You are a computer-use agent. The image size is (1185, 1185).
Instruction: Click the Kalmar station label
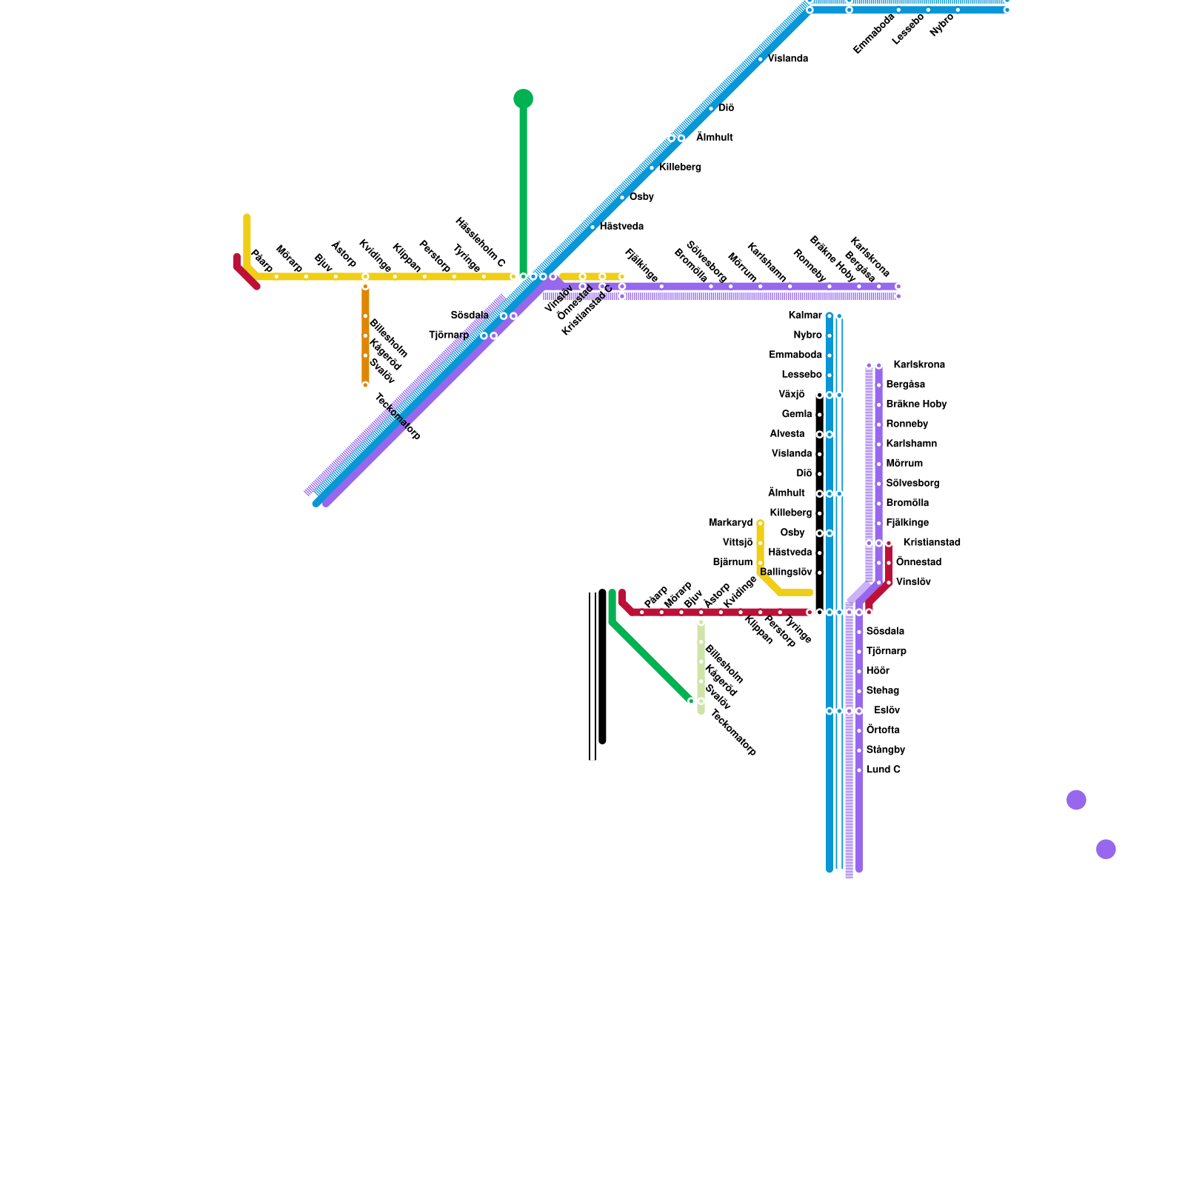(805, 316)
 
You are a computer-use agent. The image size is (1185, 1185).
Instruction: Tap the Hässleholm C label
(480, 243)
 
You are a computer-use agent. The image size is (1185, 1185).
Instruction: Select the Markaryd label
(730, 523)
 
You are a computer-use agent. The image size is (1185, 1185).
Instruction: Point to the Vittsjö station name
(737, 543)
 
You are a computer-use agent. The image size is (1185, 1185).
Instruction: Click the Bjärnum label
(732, 562)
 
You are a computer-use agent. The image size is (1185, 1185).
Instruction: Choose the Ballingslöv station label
(786, 573)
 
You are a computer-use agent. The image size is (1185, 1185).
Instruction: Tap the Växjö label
(791, 395)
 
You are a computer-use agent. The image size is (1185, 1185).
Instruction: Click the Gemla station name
(796, 414)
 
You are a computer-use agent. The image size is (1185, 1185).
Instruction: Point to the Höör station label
(878, 671)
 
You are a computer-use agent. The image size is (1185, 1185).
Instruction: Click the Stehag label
(882, 691)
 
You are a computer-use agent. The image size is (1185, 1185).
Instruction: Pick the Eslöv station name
(887, 710)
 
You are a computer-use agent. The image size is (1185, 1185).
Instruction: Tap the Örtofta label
(883, 730)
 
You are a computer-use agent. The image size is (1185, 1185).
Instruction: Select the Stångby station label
(885, 750)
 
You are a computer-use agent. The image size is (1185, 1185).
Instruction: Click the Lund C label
(883, 770)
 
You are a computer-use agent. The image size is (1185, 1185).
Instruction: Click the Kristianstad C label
(587, 310)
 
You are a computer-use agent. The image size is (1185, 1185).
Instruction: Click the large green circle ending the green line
(523, 99)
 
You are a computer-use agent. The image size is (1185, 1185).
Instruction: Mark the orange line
(365, 333)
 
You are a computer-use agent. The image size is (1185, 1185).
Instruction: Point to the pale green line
(701, 667)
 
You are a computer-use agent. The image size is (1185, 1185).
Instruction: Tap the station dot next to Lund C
(859, 770)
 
